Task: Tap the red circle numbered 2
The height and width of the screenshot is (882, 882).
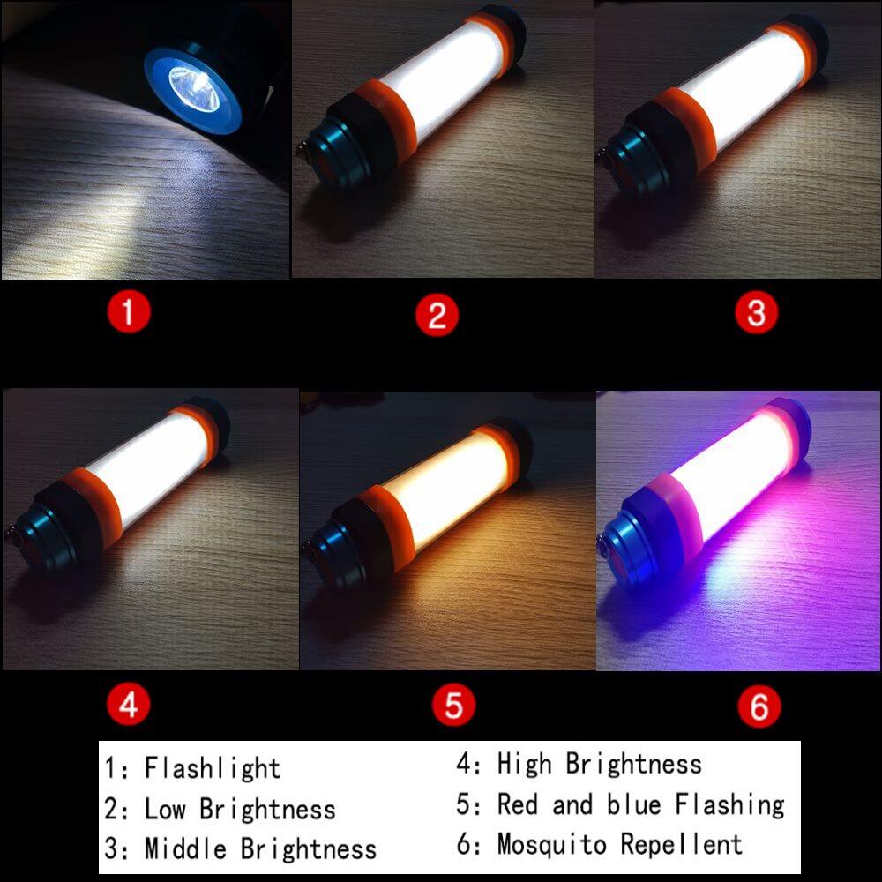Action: pos(437,315)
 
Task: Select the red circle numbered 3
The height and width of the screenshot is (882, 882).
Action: pos(757,312)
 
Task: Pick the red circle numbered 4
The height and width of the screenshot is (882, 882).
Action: pos(128,704)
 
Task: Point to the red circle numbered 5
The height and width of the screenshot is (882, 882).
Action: pos(453,704)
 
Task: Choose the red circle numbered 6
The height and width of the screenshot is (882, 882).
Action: pos(759,706)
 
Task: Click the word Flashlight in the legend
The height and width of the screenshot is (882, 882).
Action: pos(212,768)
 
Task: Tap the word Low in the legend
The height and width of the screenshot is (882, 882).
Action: pos(165,810)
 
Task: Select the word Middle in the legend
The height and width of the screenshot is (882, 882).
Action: pos(185,848)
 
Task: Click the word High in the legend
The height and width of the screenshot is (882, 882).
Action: pos(524,765)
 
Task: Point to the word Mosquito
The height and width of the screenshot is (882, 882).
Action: pos(552,844)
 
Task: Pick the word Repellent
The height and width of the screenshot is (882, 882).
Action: pos(681,844)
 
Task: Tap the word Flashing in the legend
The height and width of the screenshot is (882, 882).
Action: pos(729,805)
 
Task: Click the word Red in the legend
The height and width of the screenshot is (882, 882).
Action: pos(518,804)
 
